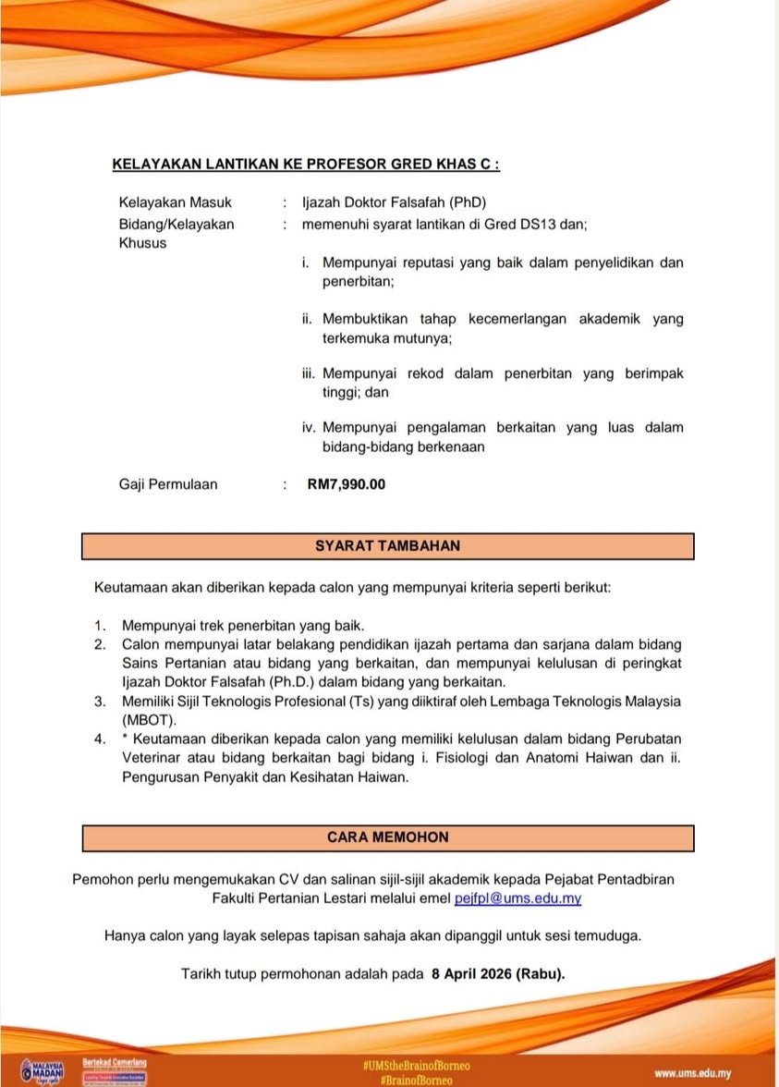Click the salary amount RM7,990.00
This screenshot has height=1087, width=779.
[x=346, y=484]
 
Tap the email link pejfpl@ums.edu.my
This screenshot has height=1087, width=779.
[x=517, y=898]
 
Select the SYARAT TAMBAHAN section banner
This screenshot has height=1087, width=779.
[x=387, y=546]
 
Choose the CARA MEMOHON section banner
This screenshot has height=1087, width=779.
[x=387, y=838]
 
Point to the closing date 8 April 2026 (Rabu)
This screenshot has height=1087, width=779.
[x=497, y=974]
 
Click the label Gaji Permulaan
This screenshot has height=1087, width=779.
[x=168, y=484]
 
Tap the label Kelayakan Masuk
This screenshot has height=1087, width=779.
[x=176, y=202]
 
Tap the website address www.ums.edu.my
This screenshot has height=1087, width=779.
[x=692, y=1073]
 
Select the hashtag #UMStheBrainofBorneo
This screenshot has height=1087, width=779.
[x=415, y=1066]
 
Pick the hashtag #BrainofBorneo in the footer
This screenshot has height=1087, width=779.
[x=415, y=1079]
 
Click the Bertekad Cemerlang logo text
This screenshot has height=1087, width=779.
[x=115, y=1063]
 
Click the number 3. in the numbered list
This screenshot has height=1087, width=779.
[x=100, y=702]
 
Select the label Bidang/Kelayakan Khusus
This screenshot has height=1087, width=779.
[x=176, y=233]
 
